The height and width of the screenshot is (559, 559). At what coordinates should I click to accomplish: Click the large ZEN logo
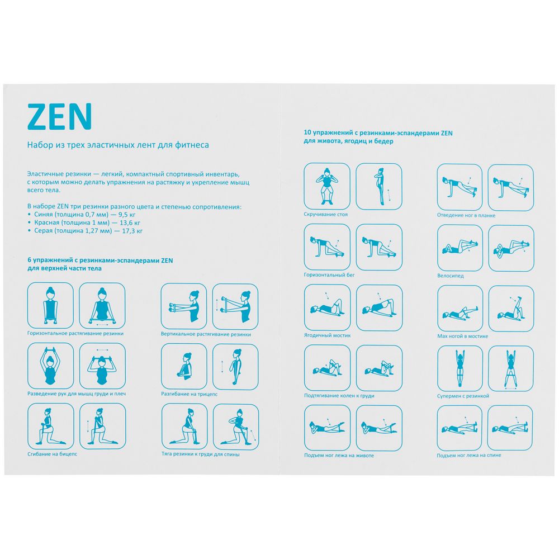coord(60,116)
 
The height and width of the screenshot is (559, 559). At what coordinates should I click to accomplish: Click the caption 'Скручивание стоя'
coord(325,214)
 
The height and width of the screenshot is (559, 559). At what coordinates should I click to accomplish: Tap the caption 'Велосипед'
coord(450,276)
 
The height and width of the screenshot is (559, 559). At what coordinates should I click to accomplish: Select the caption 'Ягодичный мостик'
coord(327,335)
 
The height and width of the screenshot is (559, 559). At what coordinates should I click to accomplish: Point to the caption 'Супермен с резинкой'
coord(463,396)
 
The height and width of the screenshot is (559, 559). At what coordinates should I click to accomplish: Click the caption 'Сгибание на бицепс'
coord(52,454)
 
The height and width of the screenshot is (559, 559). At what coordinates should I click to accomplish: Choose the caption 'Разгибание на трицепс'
coord(189,394)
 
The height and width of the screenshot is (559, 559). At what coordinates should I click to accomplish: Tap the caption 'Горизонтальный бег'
coord(329,275)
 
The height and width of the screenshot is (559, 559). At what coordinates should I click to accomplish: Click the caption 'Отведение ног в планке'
coord(466,215)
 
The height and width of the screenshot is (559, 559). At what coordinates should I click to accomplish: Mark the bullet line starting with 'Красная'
coord(84,222)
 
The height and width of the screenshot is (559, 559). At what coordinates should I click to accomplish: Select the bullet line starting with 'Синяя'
coord(82,215)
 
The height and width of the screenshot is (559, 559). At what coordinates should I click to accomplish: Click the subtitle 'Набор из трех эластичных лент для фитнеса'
coord(118,145)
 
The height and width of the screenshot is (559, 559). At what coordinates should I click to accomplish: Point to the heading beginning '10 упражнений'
coord(378,137)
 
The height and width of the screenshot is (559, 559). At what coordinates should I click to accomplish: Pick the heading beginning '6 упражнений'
coord(100,264)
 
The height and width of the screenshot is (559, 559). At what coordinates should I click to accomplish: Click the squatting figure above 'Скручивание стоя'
coord(326,186)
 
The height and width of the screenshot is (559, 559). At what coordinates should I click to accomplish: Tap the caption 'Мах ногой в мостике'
coord(462,336)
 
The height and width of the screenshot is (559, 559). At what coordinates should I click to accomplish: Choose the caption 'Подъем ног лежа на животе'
coord(339,455)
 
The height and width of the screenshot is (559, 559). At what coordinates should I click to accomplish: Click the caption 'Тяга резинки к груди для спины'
coord(200,454)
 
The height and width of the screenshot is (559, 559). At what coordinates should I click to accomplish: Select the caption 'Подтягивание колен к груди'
coord(339,395)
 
